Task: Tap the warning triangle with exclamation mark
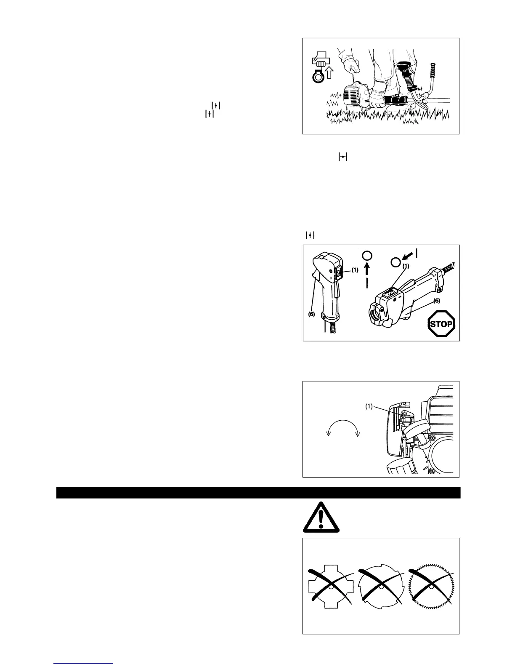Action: pos(321,518)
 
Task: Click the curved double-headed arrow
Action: pos(343,429)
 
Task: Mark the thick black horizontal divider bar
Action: pos(258,493)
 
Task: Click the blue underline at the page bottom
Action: pos(83,664)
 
